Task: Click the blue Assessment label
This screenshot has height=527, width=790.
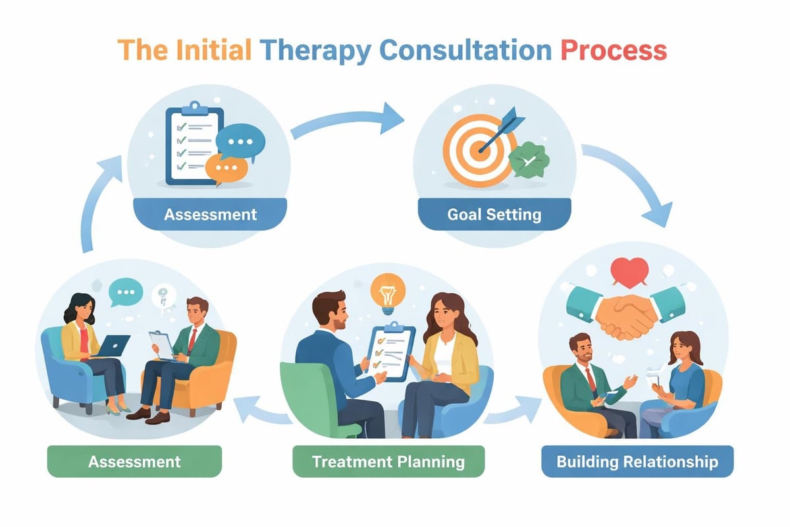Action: pyautogui.click(x=210, y=215)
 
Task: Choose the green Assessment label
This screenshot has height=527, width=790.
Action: pyautogui.click(x=134, y=461)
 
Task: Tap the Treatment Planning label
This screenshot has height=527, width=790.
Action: pyautogui.click(x=388, y=461)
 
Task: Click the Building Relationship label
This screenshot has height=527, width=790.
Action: pyautogui.click(x=637, y=461)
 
